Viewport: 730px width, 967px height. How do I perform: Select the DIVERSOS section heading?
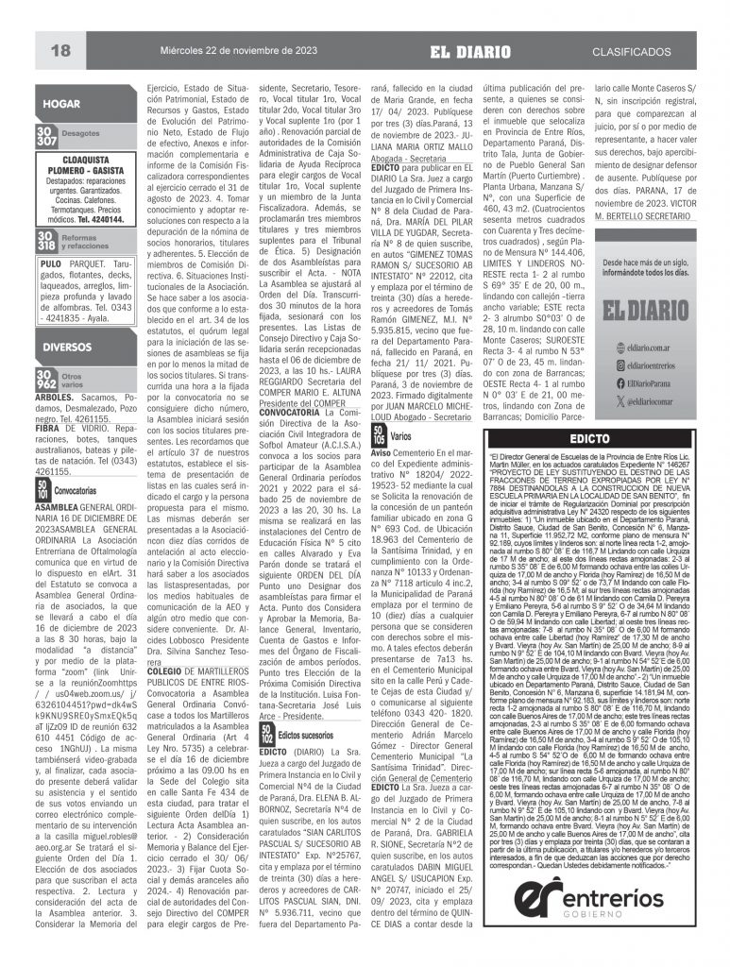(64, 349)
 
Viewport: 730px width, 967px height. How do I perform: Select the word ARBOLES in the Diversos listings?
(54, 397)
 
